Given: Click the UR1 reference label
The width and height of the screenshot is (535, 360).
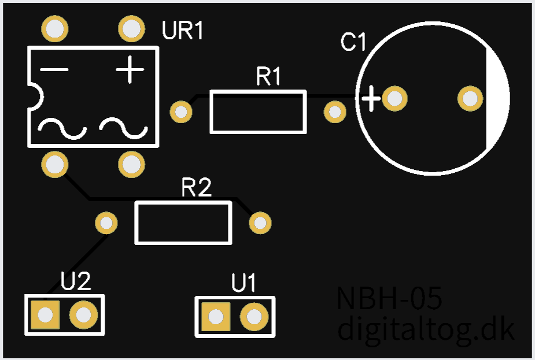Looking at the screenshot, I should tap(183, 31).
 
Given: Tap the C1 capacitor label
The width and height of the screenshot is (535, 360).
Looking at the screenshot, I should tap(353, 43).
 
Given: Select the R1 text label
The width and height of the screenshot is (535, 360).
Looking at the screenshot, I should tap(268, 77).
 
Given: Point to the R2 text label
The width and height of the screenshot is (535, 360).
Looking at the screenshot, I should tap(197, 188).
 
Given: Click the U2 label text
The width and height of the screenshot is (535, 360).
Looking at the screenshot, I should tap(76, 282).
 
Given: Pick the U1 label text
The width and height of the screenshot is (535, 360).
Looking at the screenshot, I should tap(243, 284).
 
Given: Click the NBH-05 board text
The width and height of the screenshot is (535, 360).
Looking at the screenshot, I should tap(389, 299).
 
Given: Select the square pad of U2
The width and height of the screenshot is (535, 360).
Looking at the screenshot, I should tap(45, 315).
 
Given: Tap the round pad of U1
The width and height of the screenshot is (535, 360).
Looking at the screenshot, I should tap(253, 317).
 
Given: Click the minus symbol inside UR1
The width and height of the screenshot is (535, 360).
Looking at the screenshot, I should tap(54, 70).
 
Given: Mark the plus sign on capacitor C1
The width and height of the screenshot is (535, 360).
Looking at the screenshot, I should tap(371, 99).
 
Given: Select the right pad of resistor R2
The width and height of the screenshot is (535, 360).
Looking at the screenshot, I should tap(260, 222).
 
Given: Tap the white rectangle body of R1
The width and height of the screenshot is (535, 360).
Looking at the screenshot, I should tap(257, 112).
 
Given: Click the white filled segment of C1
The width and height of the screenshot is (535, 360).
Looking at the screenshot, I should tap(497, 98).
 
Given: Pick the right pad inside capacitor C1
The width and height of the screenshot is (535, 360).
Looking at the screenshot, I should tap(470, 98).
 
